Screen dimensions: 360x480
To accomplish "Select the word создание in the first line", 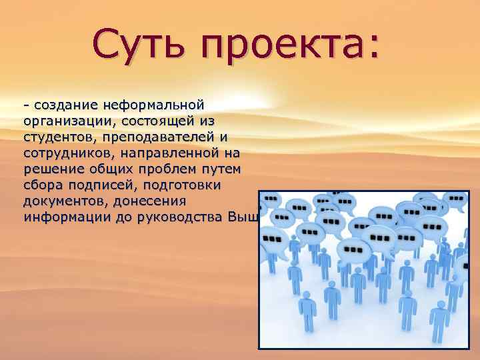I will [x=64, y=105].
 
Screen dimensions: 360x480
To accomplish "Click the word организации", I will [x=61, y=121].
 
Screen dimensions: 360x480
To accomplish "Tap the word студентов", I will [x=56, y=137].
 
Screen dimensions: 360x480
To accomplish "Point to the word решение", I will [x=49, y=169].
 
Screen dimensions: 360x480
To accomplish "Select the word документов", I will [x=61, y=201].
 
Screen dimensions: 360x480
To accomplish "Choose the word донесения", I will [x=151, y=201].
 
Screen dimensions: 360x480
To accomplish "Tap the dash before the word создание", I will [x=26, y=106].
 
